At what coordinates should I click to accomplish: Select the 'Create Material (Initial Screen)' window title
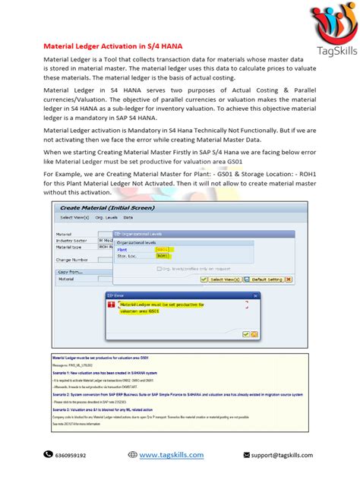(95, 207)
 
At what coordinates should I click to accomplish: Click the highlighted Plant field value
(163, 248)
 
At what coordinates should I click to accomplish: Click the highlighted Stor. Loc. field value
(163, 257)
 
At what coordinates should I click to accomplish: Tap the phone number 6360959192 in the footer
(71, 456)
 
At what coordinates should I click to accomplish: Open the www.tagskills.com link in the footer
(171, 455)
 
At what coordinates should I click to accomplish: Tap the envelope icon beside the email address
(245, 455)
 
